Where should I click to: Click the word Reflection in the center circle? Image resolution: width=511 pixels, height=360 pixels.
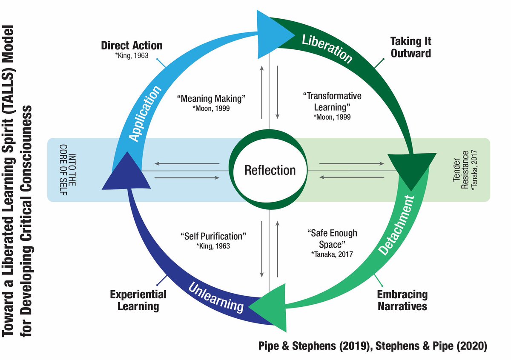point(270,170)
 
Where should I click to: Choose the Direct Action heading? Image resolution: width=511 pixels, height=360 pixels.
point(132,46)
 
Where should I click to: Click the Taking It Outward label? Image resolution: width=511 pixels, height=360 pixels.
point(411,47)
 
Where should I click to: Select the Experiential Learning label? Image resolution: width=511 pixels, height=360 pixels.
point(138,300)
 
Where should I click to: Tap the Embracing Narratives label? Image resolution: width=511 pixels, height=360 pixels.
point(402,300)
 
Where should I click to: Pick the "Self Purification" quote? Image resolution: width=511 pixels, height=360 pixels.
point(213,235)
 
